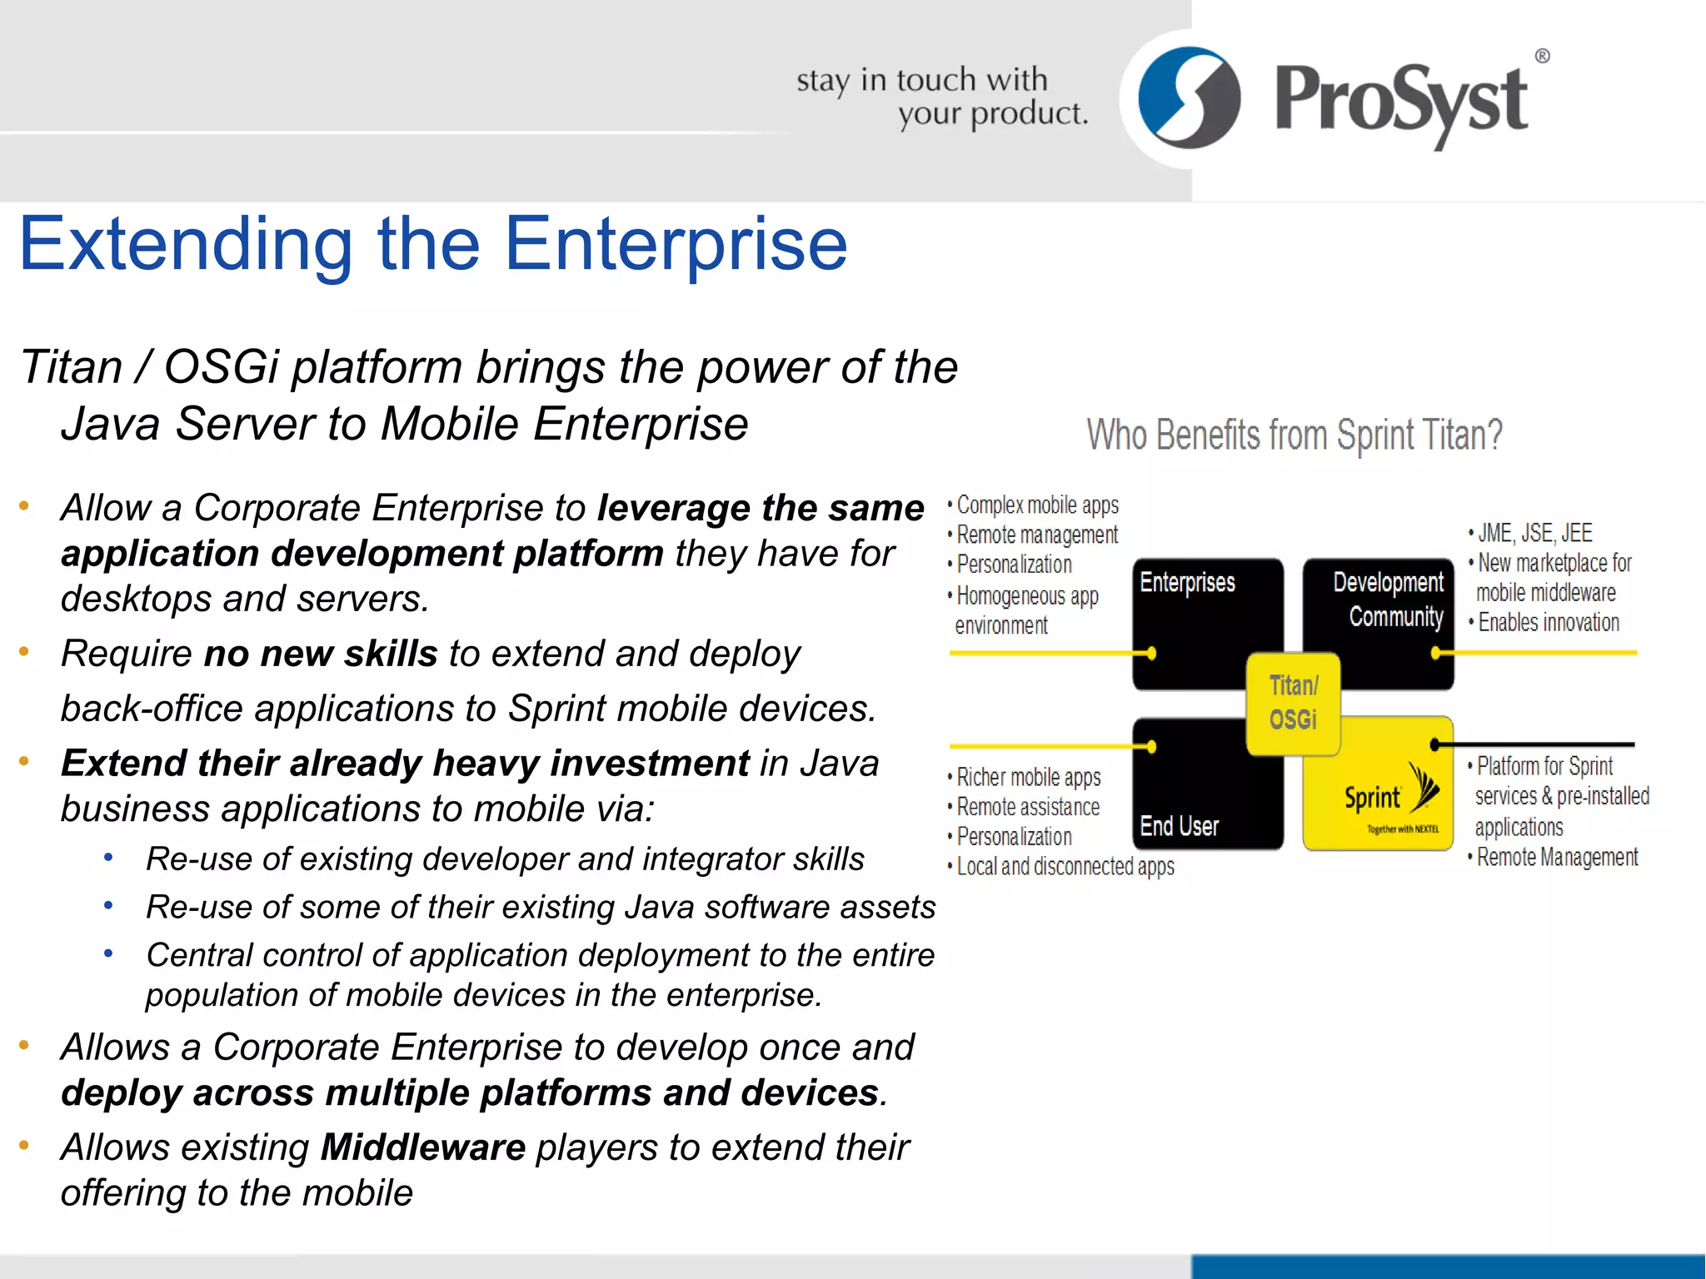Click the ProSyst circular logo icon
click(x=1189, y=98)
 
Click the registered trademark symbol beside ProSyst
click(x=1542, y=57)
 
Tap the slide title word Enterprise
click(x=676, y=244)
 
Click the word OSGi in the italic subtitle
click(x=221, y=366)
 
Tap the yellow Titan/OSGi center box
click(x=1293, y=703)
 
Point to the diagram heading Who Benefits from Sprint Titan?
click(x=1294, y=435)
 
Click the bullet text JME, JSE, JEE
click(x=1534, y=533)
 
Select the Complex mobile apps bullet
click(x=1037, y=505)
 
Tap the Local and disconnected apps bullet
click(x=1065, y=867)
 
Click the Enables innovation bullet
click(x=1548, y=623)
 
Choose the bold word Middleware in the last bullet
click(x=423, y=1147)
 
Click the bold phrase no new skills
click(x=321, y=654)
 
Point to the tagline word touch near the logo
click(x=936, y=80)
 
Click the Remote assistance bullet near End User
click(x=1028, y=807)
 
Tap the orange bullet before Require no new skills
click(x=24, y=651)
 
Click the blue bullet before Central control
click(x=108, y=953)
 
